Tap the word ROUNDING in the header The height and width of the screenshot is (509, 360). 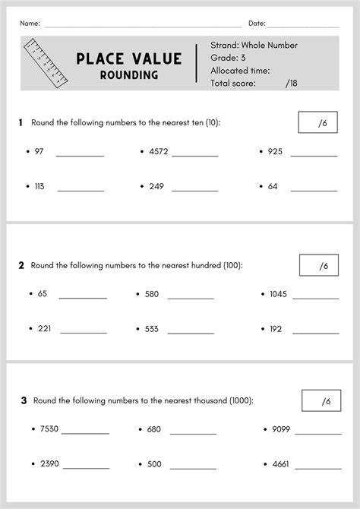point(128,75)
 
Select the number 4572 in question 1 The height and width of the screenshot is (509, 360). point(158,152)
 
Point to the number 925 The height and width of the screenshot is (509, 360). point(275,152)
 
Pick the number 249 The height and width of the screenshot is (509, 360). point(156,186)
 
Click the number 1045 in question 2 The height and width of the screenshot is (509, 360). point(278,294)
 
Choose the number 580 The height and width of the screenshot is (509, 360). point(151,294)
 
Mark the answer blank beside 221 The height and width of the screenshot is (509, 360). point(84,331)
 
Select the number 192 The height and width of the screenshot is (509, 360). point(275,329)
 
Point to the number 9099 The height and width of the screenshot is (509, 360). point(280,429)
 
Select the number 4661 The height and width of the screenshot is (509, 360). point(279,463)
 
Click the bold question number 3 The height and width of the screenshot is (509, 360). point(24,400)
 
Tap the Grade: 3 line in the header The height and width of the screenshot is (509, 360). point(228,58)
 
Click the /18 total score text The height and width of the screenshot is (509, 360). point(292,84)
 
